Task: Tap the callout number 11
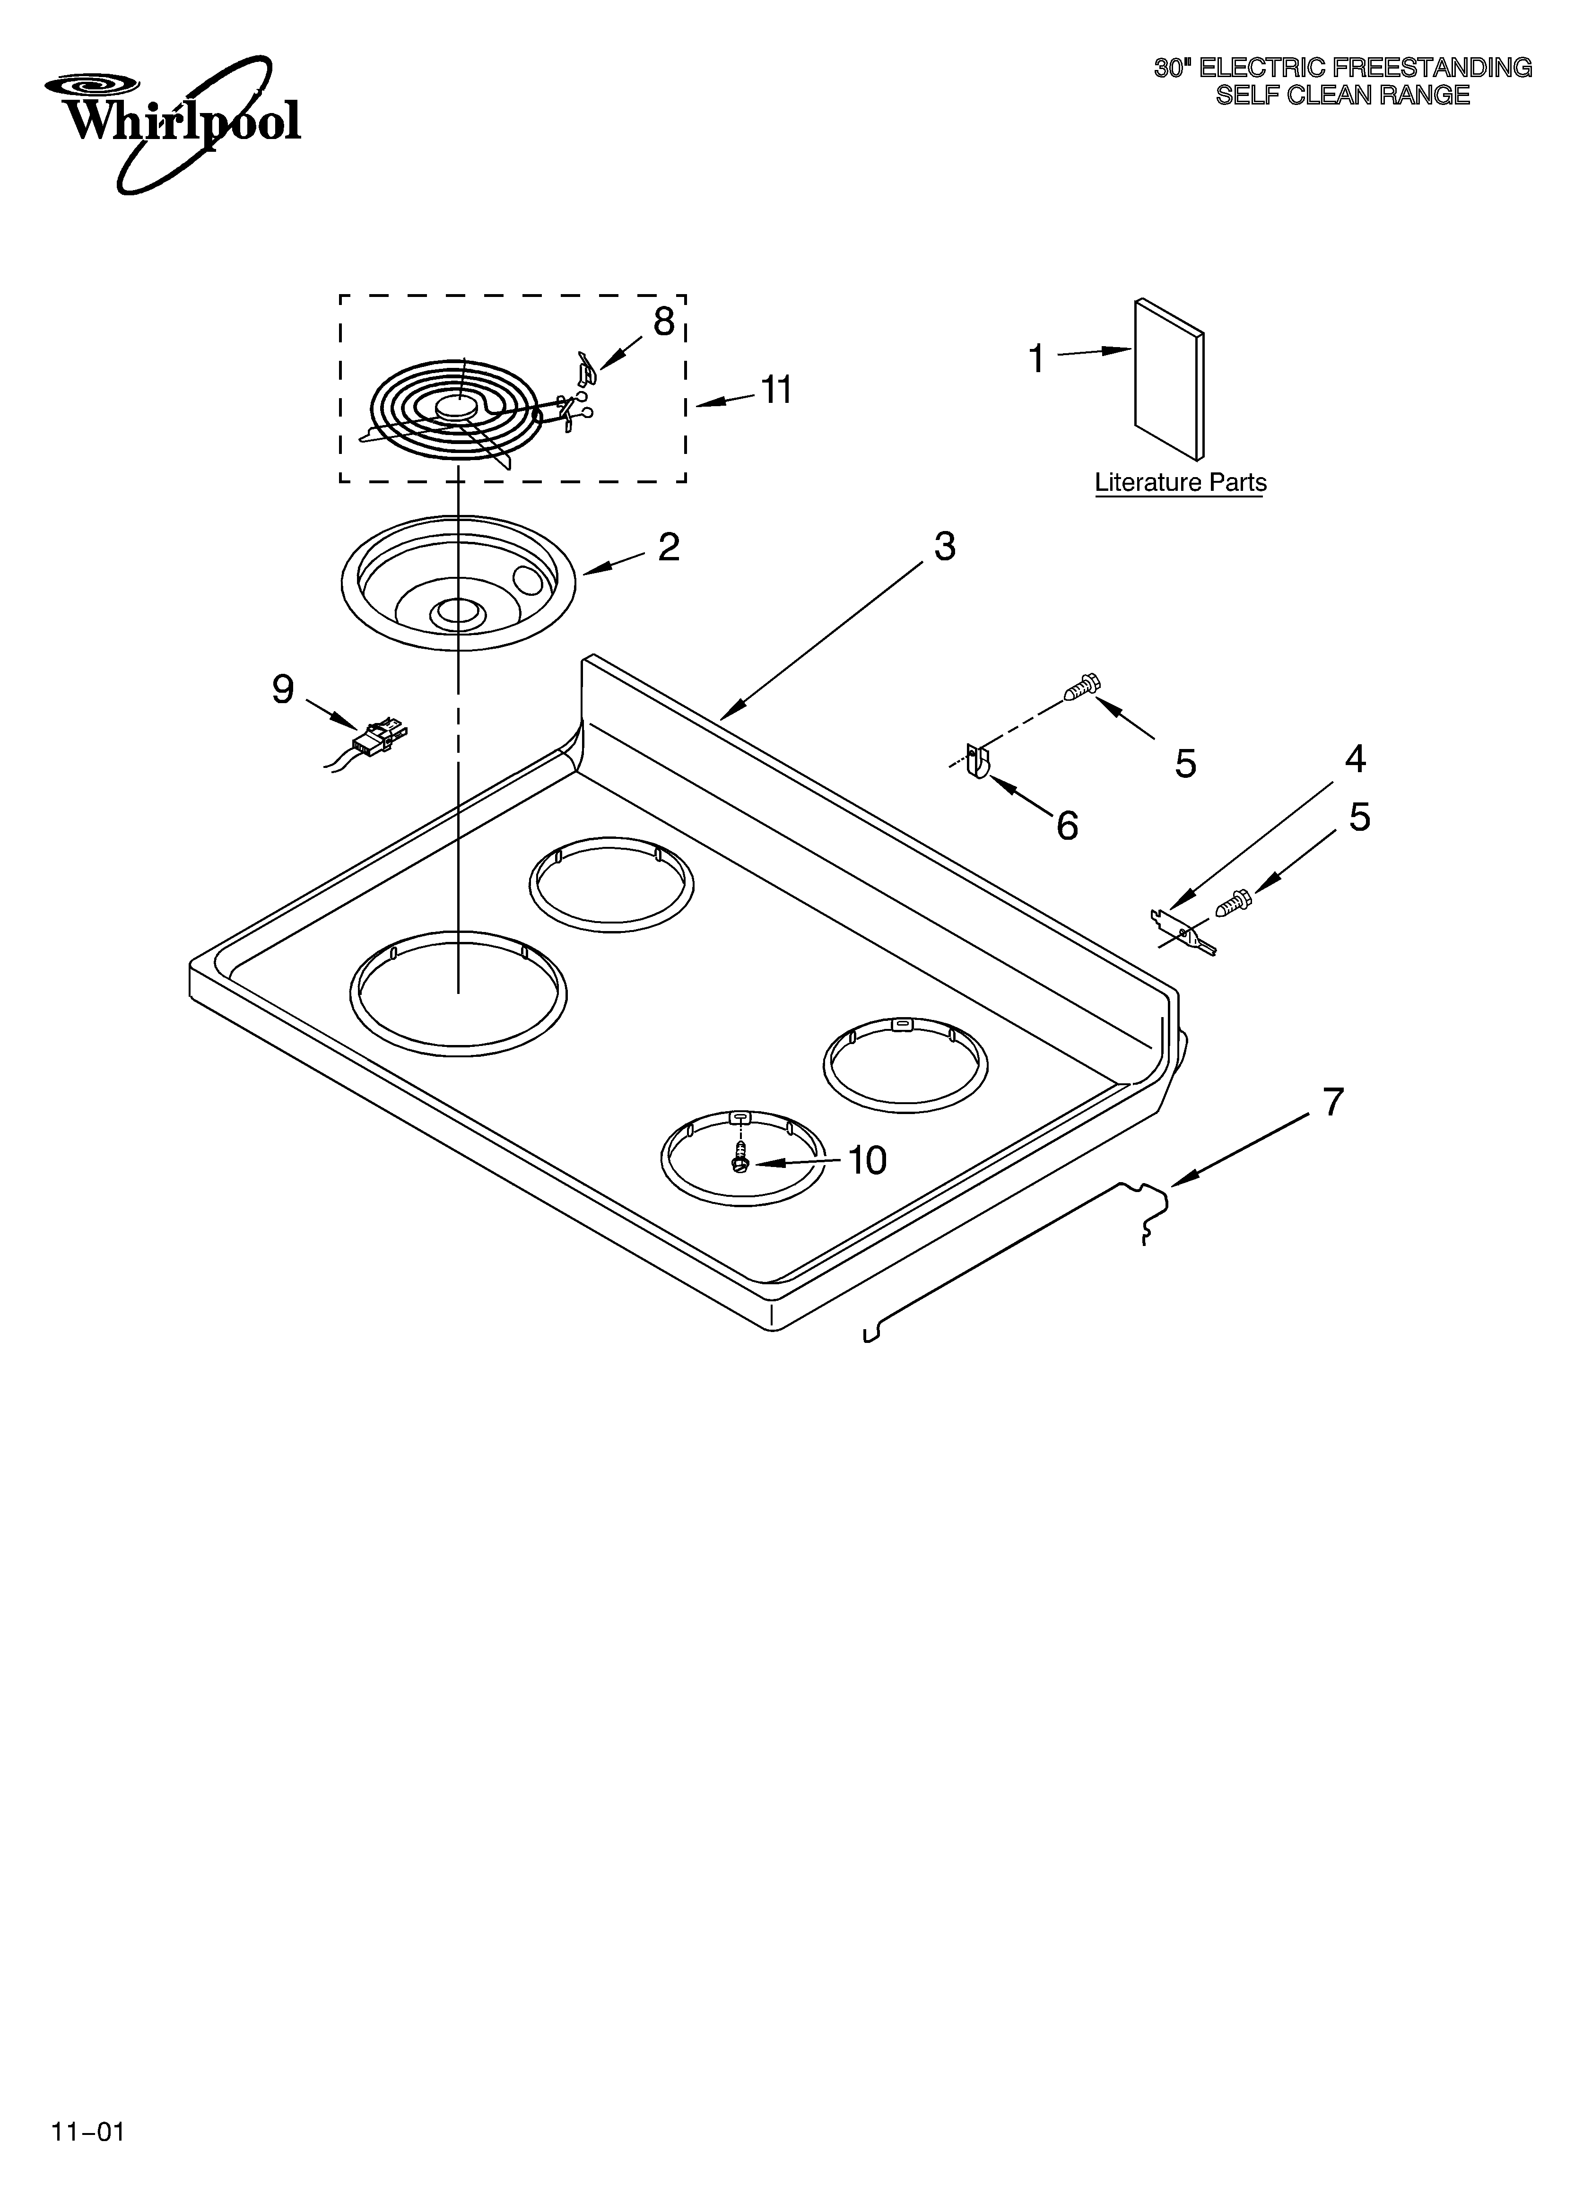tap(776, 391)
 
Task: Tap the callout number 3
tap(945, 547)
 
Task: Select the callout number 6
tap(1067, 826)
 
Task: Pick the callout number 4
tap(1355, 759)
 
